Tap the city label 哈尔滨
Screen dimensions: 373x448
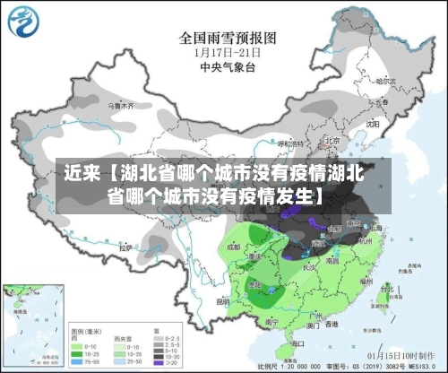[x=385, y=81]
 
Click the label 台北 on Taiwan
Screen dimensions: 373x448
[x=388, y=289]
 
